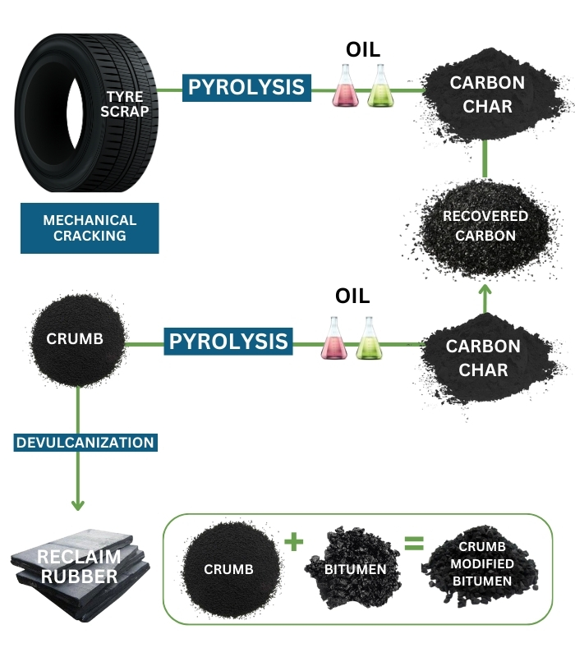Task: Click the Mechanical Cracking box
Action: coord(90,228)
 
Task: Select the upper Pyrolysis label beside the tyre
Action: coord(246,87)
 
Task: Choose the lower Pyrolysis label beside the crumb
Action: coord(229,341)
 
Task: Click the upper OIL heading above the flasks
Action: coord(363,49)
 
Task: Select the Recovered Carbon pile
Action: coord(485,226)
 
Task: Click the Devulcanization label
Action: coord(85,443)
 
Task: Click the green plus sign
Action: coord(293,540)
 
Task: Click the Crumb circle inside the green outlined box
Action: coord(228,568)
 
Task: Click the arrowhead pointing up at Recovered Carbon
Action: coord(485,290)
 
